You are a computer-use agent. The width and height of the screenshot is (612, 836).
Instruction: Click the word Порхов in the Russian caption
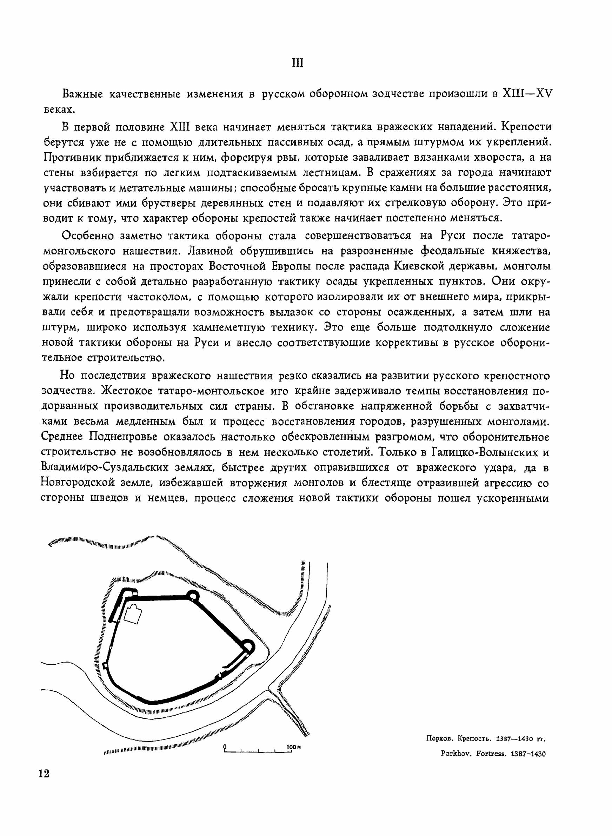(x=440, y=739)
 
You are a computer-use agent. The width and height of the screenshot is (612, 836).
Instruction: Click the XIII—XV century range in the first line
(x=526, y=94)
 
